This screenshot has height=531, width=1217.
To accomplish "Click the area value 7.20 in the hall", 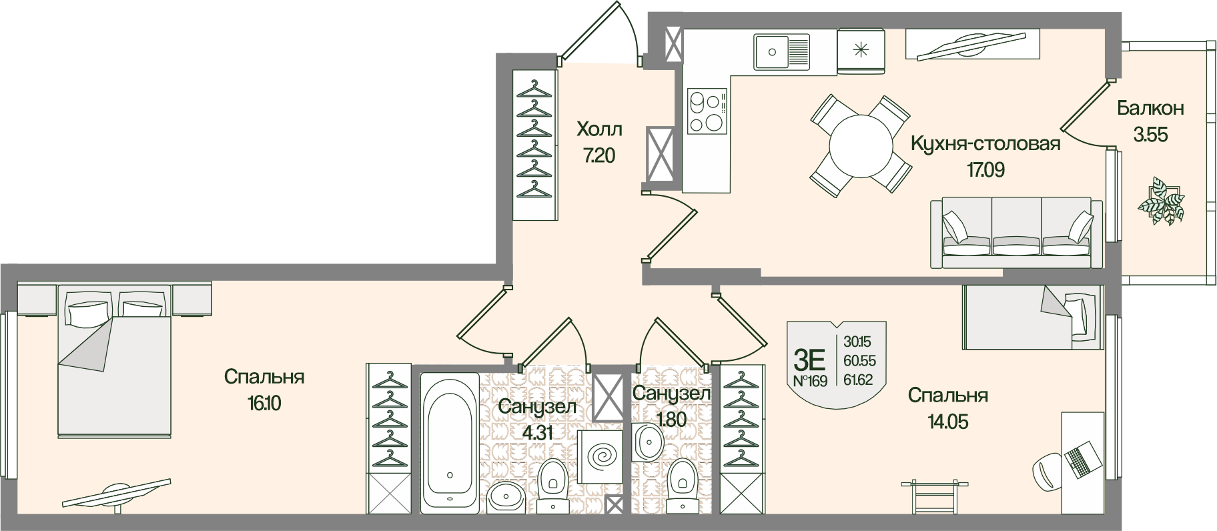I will [x=598, y=156].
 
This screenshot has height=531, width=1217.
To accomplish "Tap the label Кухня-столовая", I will [x=985, y=144].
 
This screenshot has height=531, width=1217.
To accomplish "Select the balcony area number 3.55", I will [x=1150, y=135].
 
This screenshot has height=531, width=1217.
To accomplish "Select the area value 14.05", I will [x=947, y=422].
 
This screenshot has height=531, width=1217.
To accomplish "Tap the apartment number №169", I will [x=809, y=382].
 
